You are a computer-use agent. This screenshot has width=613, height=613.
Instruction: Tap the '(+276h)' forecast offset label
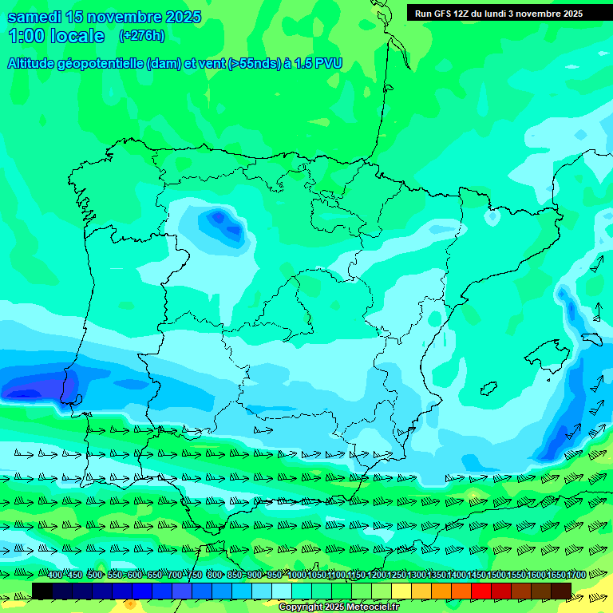(141, 36)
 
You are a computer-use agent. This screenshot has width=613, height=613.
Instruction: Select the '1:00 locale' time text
(57, 36)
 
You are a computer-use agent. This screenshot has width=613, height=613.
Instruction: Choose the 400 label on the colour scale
(55, 575)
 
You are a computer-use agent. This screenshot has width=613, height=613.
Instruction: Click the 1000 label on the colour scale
(296, 575)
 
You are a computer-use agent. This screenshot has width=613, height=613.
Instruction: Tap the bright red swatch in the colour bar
(481, 590)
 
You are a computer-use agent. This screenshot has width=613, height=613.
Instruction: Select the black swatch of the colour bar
(42, 590)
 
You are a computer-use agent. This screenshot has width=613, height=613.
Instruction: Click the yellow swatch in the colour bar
(401, 590)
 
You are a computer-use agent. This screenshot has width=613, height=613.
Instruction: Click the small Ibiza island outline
(488, 388)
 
